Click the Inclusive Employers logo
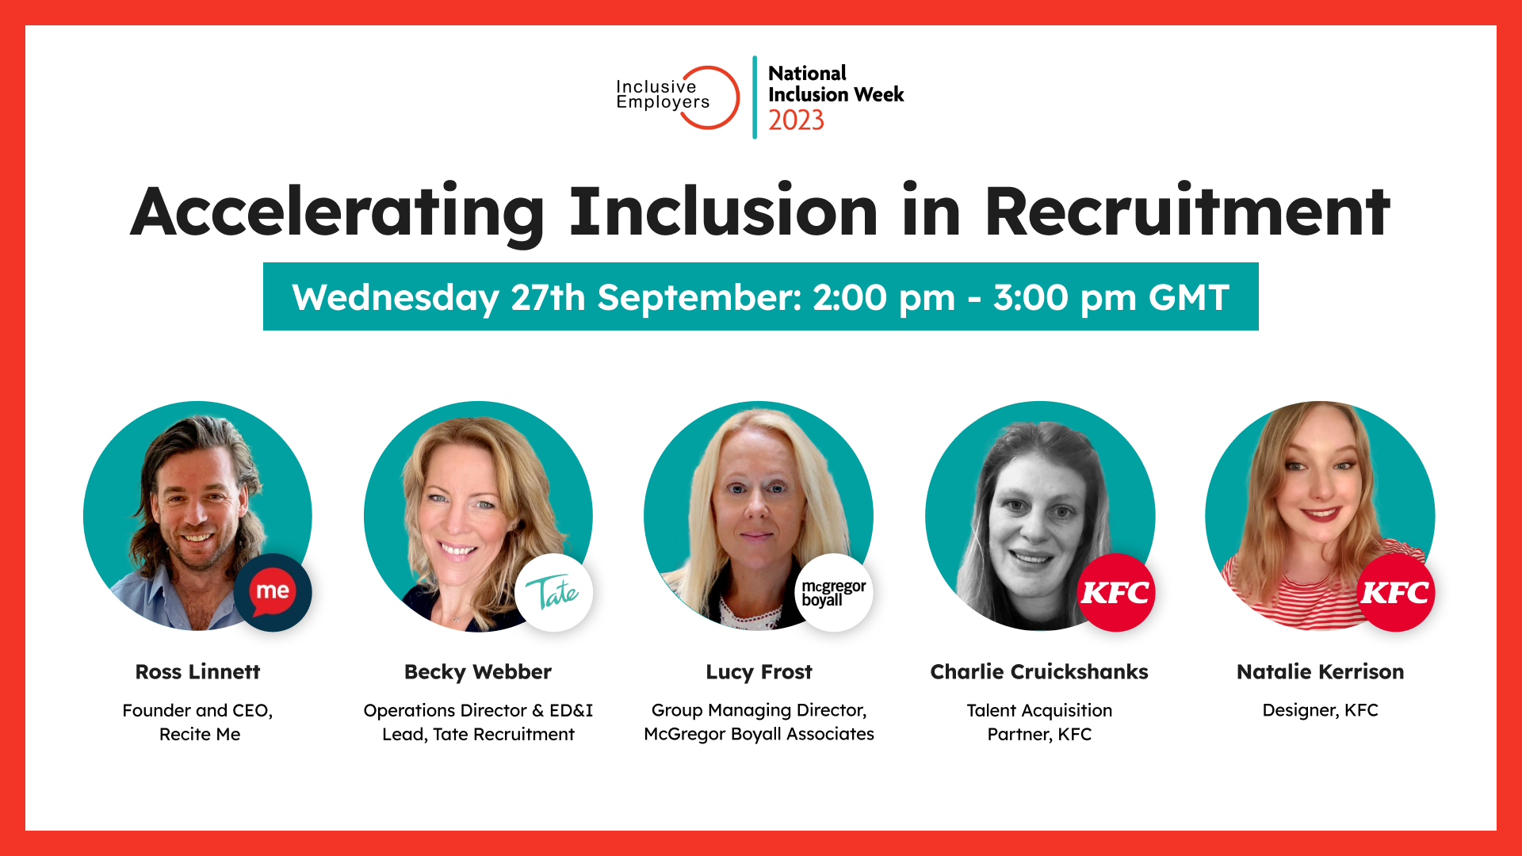point(678,97)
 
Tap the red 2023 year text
point(796,120)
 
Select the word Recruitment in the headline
point(1187,212)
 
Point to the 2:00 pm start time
point(884,297)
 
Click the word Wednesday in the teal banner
point(396,298)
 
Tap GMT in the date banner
point(1189,297)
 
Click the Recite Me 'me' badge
point(273,592)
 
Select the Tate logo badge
point(553,592)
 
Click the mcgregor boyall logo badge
point(834,592)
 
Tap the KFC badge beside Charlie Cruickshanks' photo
point(1115,592)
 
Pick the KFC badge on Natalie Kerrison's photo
point(1395,592)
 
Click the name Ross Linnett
point(197,671)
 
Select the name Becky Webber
point(478,672)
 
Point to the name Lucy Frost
point(759,672)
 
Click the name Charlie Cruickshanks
point(1039,671)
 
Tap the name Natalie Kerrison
point(1320,671)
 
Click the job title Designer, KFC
point(1320,710)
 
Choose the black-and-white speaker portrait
point(1039,516)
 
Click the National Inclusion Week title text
point(836,84)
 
